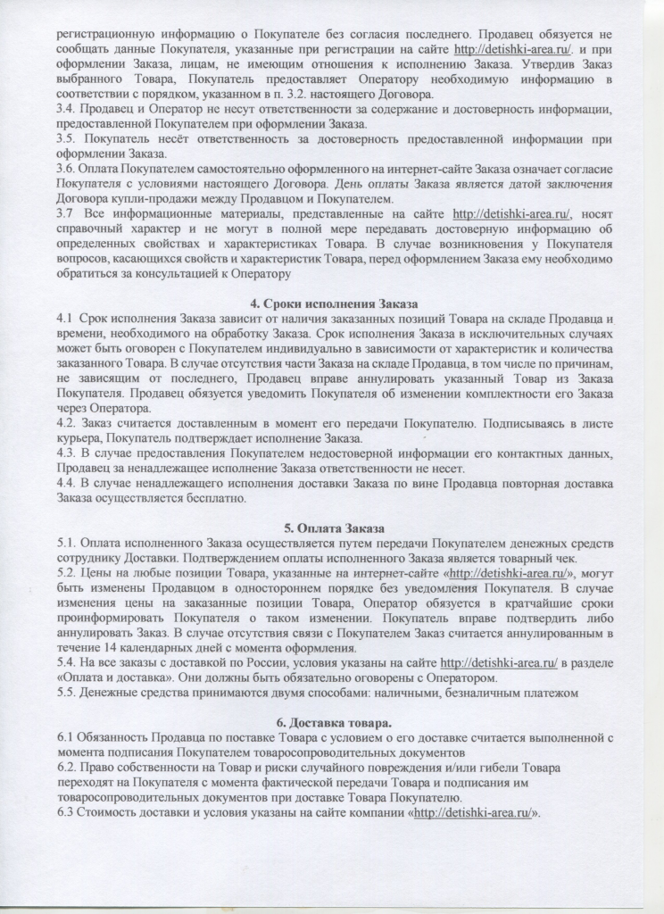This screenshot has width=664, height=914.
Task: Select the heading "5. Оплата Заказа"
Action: [333, 527]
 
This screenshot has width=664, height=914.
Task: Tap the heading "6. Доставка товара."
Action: [333, 721]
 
